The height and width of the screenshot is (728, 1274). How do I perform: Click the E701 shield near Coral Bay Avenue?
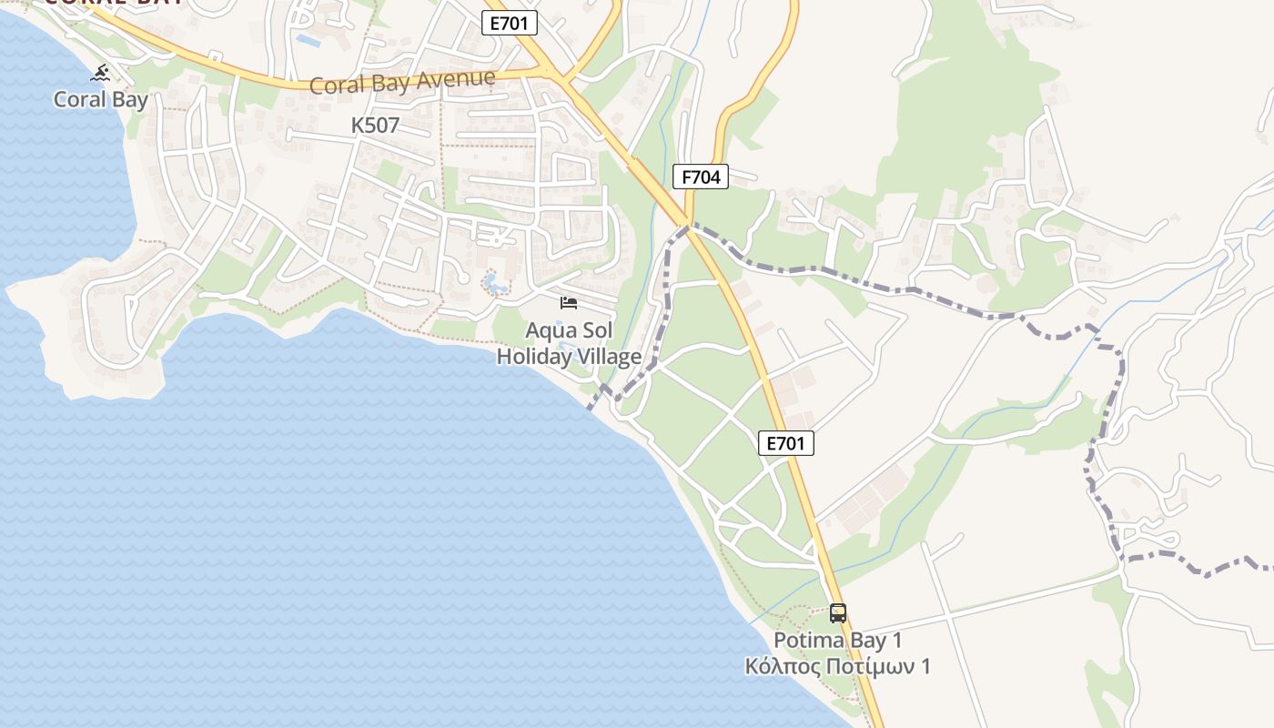[510, 24]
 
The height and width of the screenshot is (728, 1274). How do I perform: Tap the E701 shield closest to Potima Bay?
[785, 443]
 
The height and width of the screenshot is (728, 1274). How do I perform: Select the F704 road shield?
[701, 177]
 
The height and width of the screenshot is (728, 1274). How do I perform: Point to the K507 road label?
[375, 126]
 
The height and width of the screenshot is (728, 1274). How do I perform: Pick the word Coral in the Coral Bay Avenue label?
[336, 86]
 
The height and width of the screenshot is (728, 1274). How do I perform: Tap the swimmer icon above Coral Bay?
[101, 73]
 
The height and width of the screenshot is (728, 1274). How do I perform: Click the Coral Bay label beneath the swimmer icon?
[100, 99]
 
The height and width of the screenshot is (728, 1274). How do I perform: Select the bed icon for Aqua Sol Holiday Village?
[569, 302]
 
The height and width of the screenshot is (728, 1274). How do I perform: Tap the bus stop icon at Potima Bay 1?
[838, 613]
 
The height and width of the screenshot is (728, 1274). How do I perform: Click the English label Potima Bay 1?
[837, 640]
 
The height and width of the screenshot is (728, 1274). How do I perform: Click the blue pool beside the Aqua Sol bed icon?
[495, 284]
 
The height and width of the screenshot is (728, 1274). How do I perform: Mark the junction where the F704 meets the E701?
[687, 224]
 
